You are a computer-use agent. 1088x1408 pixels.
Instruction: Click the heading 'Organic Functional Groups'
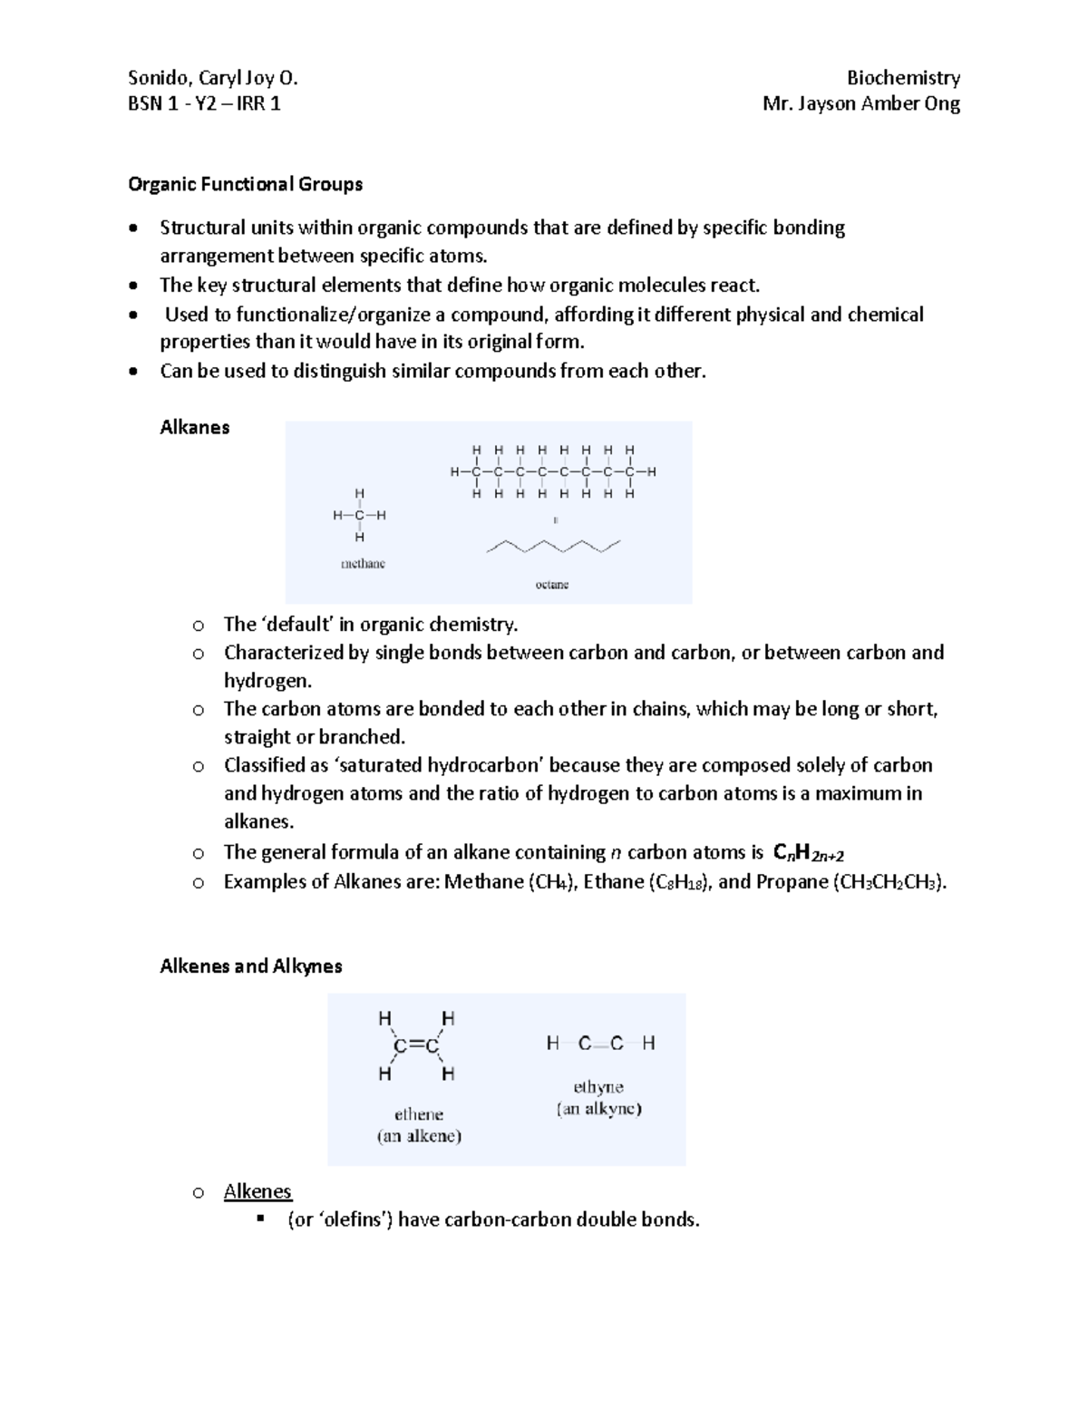(x=245, y=184)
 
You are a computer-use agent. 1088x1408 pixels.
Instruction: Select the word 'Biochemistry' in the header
(x=903, y=78)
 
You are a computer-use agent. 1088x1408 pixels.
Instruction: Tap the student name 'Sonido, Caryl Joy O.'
(x=213, y=78)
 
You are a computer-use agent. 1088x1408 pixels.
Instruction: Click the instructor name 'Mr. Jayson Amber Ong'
(x=861, y=103)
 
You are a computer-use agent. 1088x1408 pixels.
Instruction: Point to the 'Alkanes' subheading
(x=194, y=427)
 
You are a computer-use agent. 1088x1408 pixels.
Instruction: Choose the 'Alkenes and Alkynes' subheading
(x=250, y=966)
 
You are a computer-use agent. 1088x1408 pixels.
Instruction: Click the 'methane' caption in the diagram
(x=363, y=563)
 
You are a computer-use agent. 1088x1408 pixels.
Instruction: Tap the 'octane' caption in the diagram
(x=551, y=585)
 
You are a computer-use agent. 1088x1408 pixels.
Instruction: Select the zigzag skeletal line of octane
(x=553, y=547)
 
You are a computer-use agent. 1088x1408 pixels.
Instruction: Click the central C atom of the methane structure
(x=360, y=515)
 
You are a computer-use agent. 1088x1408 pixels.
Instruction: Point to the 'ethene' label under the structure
(x=418, y=1114)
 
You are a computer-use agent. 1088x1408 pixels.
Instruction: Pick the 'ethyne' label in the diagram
(x=598, y=1086)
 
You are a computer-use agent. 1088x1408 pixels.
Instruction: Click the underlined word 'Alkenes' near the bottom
(x=257, y=1191)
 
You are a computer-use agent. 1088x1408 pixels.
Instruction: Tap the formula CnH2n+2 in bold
(x=808, y=853)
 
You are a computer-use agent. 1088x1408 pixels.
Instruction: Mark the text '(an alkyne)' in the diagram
(x=598, y=1109)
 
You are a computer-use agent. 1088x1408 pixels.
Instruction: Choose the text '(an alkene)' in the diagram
(x=419, y=1136)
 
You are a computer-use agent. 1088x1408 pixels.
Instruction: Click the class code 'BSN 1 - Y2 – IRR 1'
(x=204, y=103)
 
